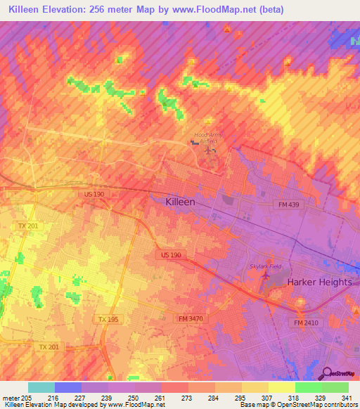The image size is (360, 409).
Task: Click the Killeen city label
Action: click(179, 202)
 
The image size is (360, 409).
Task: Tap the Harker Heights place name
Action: click(319, 282)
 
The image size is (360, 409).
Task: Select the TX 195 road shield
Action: click(109, 320)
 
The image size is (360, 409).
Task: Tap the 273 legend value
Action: click(188, 398)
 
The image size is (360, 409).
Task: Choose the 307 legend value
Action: click(268, 398)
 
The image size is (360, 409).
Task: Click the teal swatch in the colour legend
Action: click(41, 387)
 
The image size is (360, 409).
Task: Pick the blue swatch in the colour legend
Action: click(68, 387)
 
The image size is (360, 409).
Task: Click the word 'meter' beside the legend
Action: click(11, 398)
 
